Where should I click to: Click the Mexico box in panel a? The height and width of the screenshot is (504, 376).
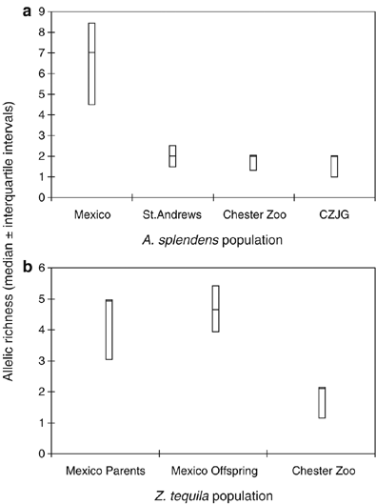point(91,63)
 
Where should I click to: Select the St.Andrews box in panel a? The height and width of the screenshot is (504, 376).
point(172,155)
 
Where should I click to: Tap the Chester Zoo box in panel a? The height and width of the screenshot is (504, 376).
point(252,163)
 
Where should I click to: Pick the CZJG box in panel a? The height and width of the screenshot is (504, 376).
point(333,166)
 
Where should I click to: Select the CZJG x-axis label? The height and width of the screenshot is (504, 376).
point(333,214)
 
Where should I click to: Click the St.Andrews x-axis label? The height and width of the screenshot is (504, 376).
point(172,214)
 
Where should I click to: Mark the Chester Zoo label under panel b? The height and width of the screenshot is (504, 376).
point(322,471)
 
